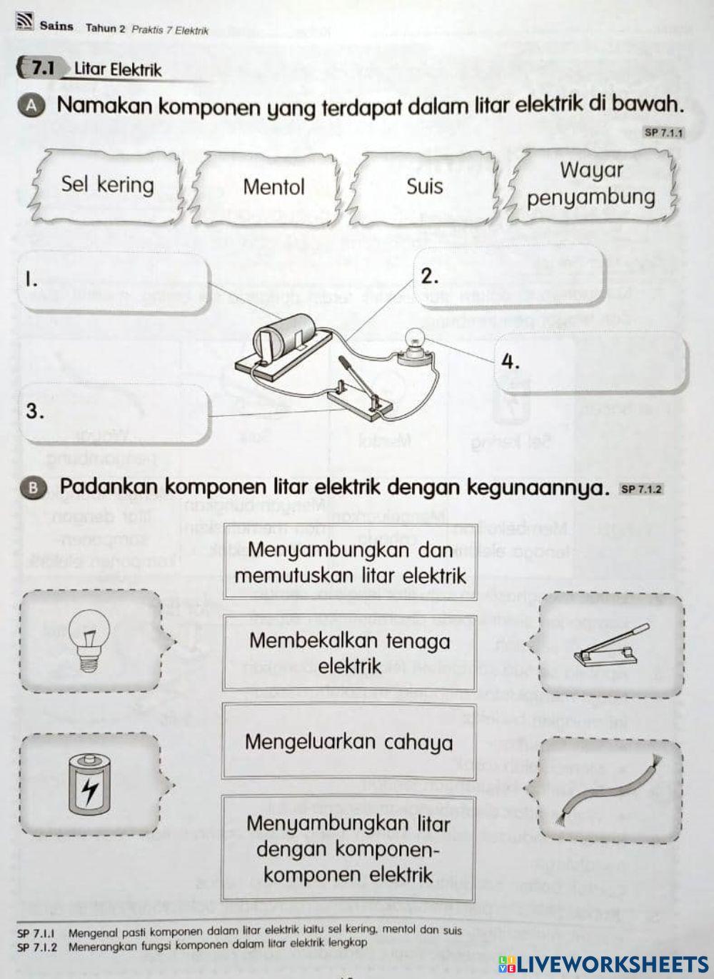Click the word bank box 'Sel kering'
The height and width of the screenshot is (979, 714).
(107, 185)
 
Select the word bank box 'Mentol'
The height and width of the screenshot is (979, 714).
(273, 187)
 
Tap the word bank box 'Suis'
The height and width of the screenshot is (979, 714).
(424, 186)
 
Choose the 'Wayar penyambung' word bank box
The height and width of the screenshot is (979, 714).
(591, 184)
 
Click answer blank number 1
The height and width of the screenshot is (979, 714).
(114, 282)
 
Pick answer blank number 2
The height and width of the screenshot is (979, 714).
(509, 276)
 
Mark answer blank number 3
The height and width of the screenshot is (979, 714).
(114, 413)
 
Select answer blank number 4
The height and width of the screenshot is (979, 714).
(591, 362)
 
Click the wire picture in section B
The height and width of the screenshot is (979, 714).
(610, 790)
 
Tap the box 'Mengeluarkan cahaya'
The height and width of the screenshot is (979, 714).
(348, 741)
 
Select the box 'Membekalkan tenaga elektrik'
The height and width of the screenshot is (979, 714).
(349, 653)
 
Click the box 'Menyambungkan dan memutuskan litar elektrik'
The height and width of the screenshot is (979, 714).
(350, 562)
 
